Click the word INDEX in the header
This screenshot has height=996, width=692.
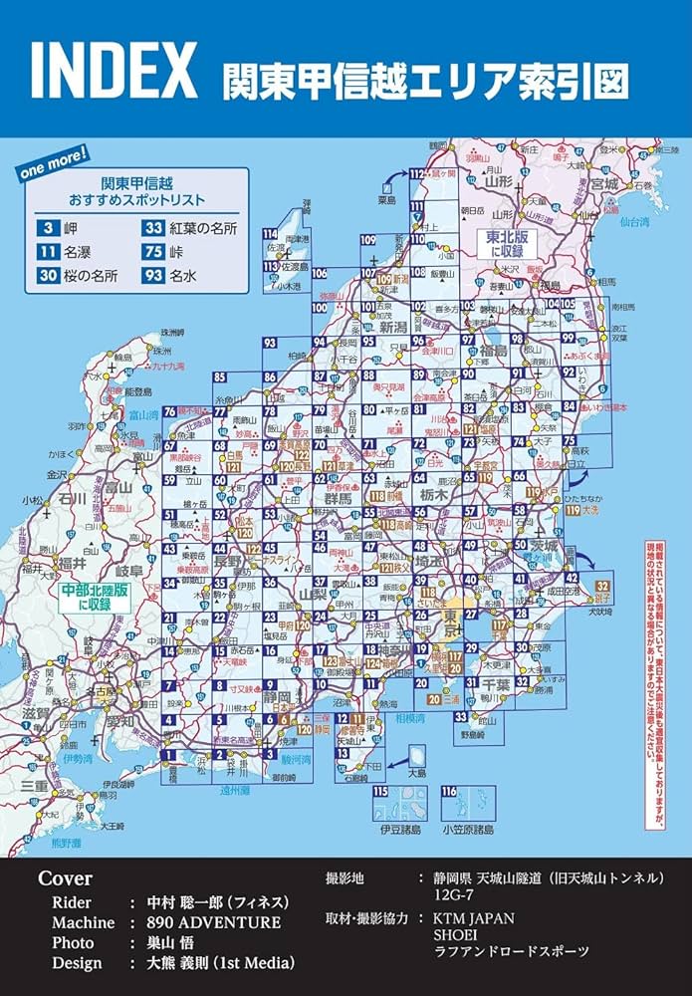(x=114, y=70)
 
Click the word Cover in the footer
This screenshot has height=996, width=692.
(x=65, y=878)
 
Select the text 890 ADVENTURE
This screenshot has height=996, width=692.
(x=213, y=922)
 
